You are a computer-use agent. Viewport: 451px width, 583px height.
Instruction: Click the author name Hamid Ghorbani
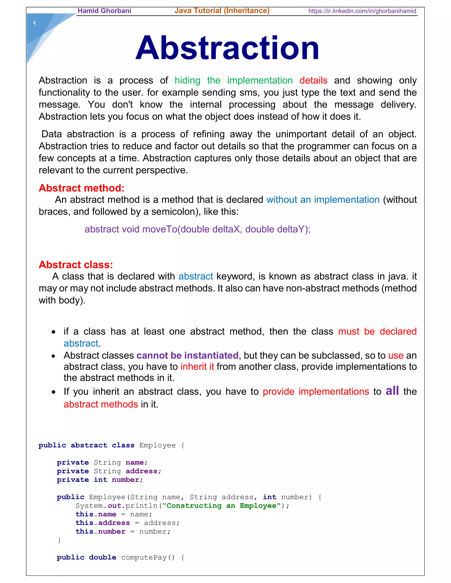coord(104,11)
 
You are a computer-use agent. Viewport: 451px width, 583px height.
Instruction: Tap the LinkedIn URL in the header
coord(362,11)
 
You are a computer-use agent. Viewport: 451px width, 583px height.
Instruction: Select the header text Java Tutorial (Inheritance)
coord(222,11)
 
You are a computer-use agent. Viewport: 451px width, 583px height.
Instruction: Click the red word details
coord(313,80)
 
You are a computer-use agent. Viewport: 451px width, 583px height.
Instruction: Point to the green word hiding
coord(187,80)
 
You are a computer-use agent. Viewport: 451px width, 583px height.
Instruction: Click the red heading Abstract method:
coord(81,188)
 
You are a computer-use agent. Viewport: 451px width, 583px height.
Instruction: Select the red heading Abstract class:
coord(76,265)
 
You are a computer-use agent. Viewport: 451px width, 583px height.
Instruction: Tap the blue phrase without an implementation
coord(323,200)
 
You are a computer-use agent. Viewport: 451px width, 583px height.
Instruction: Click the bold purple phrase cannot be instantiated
coord(187,356)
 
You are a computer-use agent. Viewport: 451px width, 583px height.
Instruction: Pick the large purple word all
coord(392,391)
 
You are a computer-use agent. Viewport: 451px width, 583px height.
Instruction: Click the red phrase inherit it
coord(197,367)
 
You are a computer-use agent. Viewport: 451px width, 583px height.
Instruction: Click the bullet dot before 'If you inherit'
coord(54,392)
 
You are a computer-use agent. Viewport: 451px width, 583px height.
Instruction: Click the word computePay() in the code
coord(148,557)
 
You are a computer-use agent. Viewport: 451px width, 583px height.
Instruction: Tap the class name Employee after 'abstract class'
coord(157,445)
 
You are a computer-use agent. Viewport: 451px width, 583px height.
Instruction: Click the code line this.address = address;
coord(128,523)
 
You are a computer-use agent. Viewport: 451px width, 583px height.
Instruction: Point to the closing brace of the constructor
coord(59,540)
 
